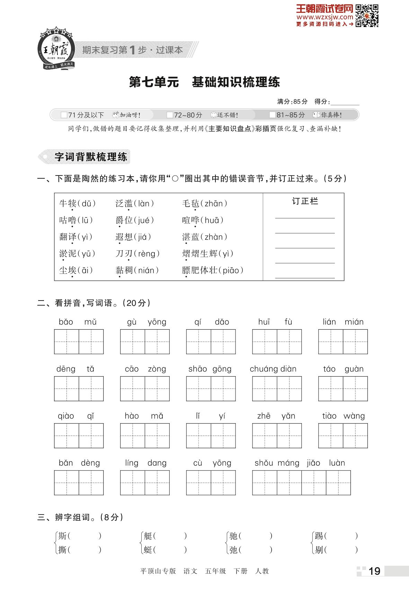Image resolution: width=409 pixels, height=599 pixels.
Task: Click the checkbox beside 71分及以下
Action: (x=64, y=115)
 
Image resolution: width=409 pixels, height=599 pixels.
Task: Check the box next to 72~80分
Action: (x=170, y=115)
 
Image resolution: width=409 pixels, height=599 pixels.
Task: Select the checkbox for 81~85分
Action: (x=273, y=115)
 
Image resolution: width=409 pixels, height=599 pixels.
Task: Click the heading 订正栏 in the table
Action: (x=305, y=201)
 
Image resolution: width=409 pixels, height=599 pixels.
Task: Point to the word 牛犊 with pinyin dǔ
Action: (x=68, y=203)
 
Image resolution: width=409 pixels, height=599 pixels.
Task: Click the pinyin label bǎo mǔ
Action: (x=78, y=322)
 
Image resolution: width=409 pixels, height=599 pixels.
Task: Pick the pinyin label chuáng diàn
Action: (x=273, y=369)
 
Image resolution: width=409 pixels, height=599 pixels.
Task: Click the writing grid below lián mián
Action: (x=343, y=342)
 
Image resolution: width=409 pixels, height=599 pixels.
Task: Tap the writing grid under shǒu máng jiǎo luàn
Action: (x=301, y=483)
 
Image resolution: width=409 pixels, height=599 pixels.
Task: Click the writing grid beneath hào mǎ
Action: (x=145, y=436)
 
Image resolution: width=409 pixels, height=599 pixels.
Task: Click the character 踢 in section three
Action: (x=319, y=536)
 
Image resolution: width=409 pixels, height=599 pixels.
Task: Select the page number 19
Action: (x=374, y=571)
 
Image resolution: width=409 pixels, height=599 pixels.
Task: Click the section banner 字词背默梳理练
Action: (x=91, y=157)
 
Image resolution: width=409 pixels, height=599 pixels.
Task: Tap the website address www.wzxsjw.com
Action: (x=324, y=17)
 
